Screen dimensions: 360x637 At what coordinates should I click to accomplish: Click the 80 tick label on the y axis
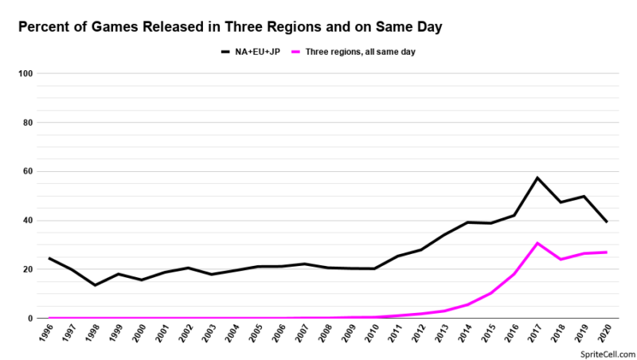click(x=25, y=123)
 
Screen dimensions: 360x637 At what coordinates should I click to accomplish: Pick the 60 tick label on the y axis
click(x=25, y=171)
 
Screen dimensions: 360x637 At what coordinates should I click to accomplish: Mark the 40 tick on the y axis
click(x=25, y=221)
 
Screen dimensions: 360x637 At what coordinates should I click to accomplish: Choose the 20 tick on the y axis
click(x=25, y=269)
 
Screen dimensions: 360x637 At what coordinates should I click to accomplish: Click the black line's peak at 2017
click(x=537, y=178)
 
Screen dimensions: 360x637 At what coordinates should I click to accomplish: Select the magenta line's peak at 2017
click(x=537, y=243)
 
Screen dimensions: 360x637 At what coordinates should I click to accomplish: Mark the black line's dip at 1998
click(x=96, y=285)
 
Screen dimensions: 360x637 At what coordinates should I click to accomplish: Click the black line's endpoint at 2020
click(x=608, y=221)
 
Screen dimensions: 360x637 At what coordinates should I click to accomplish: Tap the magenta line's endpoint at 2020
click(x=608, y=252)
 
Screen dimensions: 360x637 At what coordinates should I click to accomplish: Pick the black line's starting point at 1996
click(x=49, y=258)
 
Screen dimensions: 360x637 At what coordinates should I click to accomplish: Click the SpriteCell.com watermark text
click(x=608, y=354)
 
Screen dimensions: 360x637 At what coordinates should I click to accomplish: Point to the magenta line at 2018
click(x=561, y=260)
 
